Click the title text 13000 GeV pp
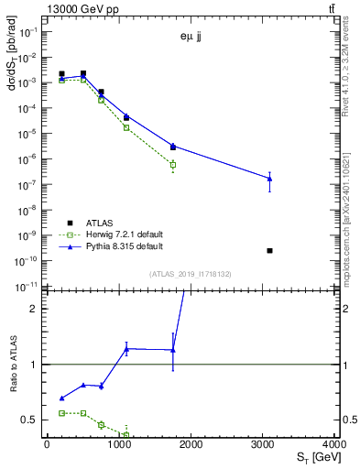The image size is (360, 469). [79, 8]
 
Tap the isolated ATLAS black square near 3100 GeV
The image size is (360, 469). [269, 250]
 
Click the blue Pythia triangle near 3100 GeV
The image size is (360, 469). [269, 178]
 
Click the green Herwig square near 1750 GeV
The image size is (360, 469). [172, 165]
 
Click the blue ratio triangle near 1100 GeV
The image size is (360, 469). [126, 348]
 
